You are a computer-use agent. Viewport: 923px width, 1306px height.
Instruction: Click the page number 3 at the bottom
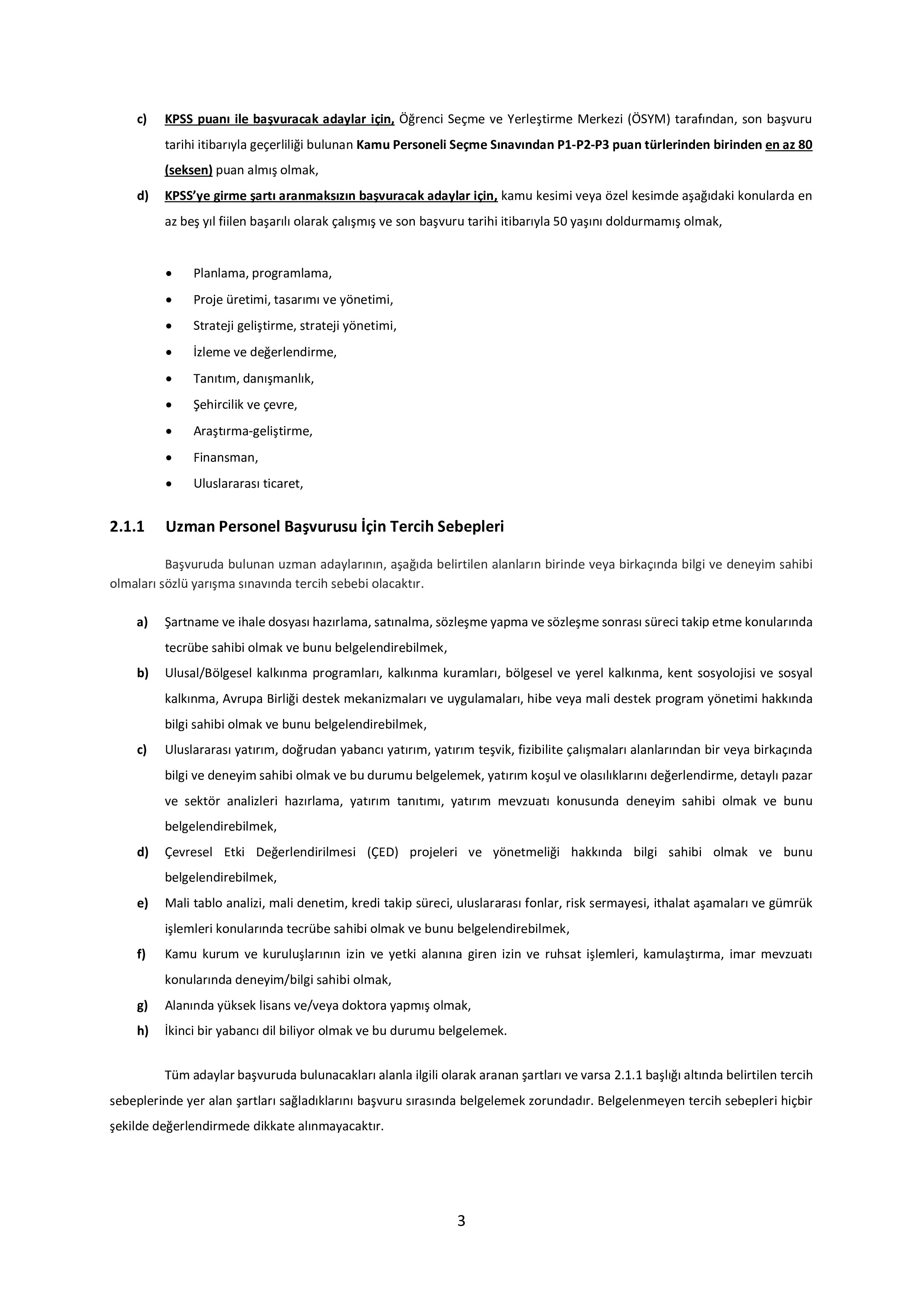point(461,1221)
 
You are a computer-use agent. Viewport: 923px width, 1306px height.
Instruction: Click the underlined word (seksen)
point(188,170)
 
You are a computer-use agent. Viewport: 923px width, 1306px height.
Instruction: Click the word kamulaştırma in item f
point(682,954)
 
